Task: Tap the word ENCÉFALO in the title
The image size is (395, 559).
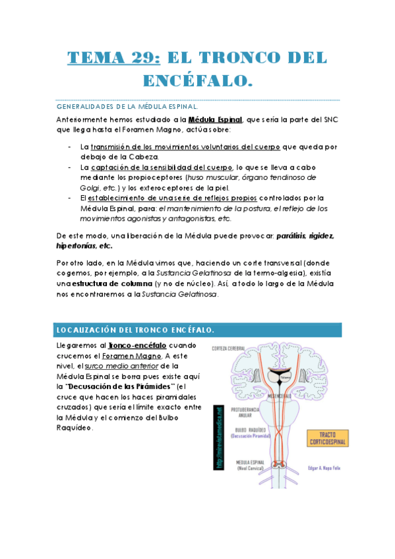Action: click(198, 82)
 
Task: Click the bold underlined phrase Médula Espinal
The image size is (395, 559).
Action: click(215, 120)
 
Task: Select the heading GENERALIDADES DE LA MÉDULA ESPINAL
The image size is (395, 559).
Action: click(127, 105)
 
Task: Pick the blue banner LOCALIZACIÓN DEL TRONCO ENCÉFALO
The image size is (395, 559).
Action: click(198, 330)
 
